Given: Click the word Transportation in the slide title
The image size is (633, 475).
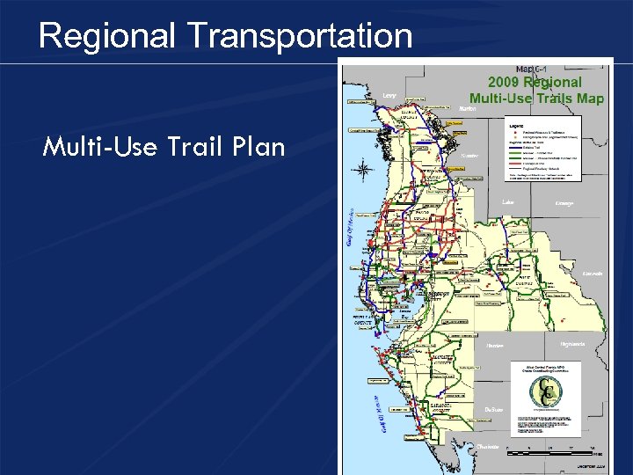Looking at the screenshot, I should pyautogui.click(x=299, y=36).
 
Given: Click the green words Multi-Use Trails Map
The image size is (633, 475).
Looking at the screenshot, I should pyautogui.click(x=536, y=98).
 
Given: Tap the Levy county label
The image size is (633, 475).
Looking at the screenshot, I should pyautogui.click(x=389, y=95).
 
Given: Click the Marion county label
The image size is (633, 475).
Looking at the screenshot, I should pyautogui.click(x=469, y=109).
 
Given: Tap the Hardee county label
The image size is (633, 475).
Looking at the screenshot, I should pyautogui.click(x=495, y=345).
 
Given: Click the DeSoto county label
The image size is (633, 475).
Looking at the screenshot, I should pyautogui.click(x=493, y=408).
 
